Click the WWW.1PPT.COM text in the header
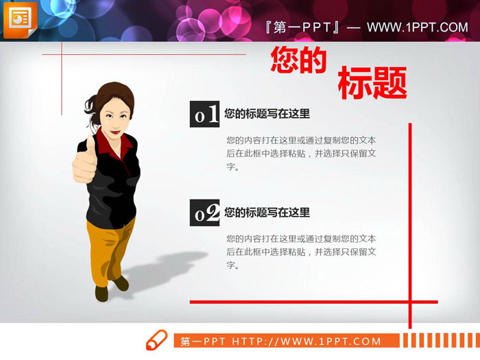[417, 27]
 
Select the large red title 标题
[372, 83]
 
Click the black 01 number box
[204, 115]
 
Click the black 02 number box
[204, 213]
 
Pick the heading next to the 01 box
[267, 114]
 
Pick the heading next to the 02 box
[267, 213]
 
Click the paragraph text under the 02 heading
[301, 252]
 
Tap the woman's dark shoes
[110, 289]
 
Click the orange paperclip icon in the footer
[156, 339]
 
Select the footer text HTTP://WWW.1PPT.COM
[307, 341]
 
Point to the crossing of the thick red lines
[410, 301]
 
